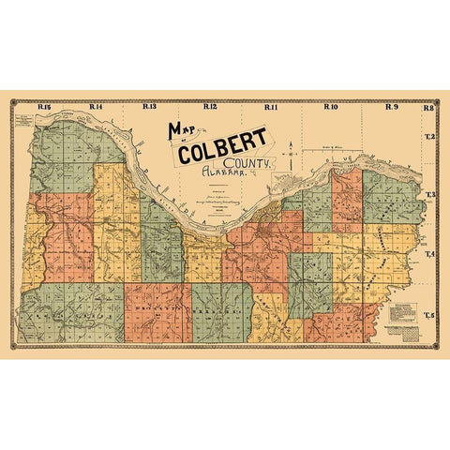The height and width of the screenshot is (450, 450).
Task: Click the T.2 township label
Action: click(x=431, y=137)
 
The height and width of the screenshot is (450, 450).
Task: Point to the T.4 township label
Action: click(x=431, y=254)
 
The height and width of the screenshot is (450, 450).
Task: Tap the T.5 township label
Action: click(x=431, y=314)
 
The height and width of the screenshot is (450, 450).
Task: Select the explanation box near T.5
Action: click(x=405, y=323)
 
